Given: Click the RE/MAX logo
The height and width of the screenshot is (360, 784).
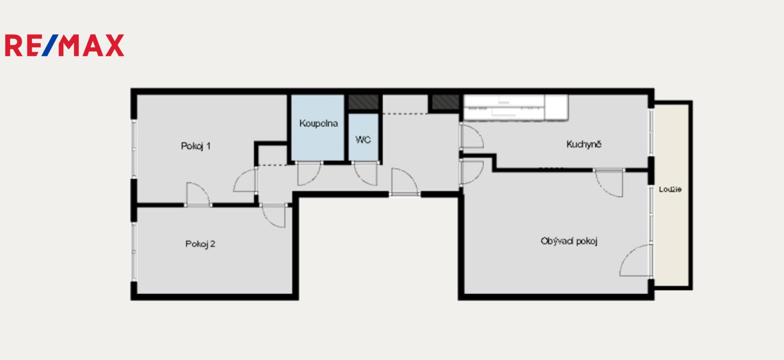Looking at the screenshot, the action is [64, 45].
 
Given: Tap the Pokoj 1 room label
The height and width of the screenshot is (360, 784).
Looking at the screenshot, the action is [196, 146].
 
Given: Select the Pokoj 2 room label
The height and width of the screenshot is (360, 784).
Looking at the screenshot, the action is [200, 244].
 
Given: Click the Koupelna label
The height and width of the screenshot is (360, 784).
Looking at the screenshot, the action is [318, 123].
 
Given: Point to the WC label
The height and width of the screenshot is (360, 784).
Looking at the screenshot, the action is [363, 140].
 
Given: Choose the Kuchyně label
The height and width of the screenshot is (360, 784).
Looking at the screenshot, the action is [584, 144].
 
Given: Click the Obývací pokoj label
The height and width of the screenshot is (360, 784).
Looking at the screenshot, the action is [569, 241].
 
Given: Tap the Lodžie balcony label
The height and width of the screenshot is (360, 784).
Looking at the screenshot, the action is [670, 189].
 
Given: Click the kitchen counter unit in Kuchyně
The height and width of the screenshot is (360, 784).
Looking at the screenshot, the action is [516, 107].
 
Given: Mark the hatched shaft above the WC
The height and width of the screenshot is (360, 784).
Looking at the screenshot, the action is [363, 102].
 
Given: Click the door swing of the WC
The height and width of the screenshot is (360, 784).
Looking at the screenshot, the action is [365, 174].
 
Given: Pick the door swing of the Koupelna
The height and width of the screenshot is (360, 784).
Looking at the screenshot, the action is [309, 174].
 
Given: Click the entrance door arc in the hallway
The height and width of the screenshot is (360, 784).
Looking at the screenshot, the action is [405, 181].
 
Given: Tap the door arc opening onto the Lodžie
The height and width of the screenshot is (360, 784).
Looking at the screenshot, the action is [636, 260].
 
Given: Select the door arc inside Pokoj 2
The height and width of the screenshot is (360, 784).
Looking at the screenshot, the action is [273, 216].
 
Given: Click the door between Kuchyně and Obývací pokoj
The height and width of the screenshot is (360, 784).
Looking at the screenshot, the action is [610, 183].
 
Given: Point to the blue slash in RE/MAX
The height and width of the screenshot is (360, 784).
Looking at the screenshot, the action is [50, 45].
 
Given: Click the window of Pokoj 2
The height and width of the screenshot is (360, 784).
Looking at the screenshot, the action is [134, 252].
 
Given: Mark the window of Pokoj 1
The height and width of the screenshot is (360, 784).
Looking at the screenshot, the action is [134, 149].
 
